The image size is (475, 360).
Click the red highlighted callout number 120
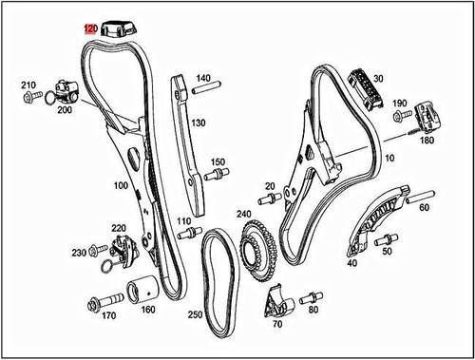(91, 29)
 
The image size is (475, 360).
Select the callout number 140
(203, 78)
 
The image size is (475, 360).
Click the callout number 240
(244, 215)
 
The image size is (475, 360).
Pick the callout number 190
(399, 103)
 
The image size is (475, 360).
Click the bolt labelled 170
(100, 304)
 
